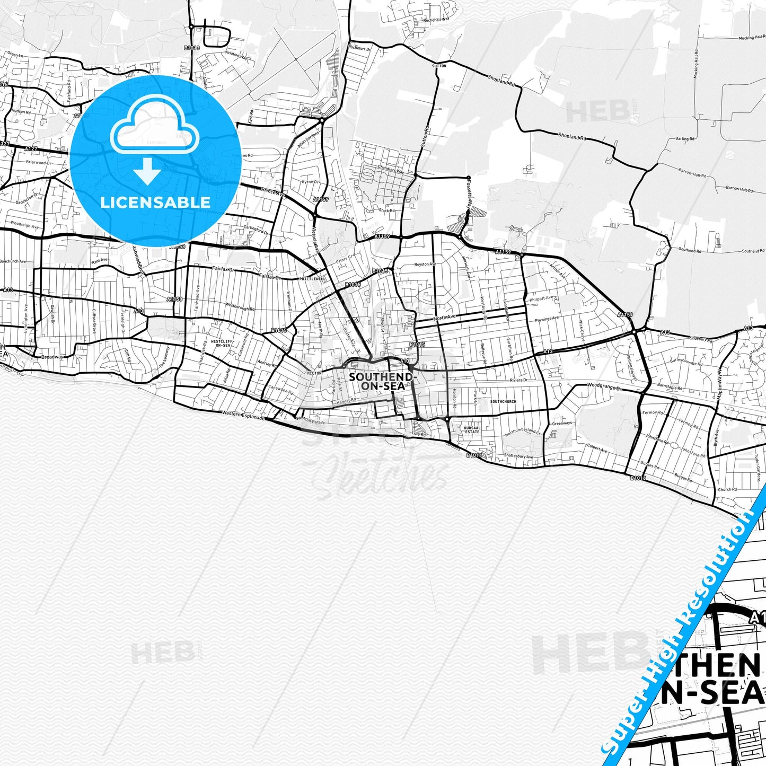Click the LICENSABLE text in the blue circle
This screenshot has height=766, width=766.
tap(155, 202)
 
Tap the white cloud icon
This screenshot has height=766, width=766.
tap(154, 130)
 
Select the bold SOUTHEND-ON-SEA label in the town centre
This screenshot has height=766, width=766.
tap(380, 381)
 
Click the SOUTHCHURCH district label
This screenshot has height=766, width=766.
tap(503, 401)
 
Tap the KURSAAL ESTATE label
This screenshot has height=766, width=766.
tap(472, 429)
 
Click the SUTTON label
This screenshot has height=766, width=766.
tap(439, 66)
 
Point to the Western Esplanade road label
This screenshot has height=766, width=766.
tap(243, 417)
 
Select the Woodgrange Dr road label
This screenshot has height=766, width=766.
tap(604, 387)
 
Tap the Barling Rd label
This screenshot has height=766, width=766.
tap(685, 139)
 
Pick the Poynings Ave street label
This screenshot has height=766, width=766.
tap(547, 320)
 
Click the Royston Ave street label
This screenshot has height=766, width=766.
tap(425, 264)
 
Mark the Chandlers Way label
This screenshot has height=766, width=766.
tap(392, 171)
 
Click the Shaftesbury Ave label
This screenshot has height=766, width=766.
tap(518, 456)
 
